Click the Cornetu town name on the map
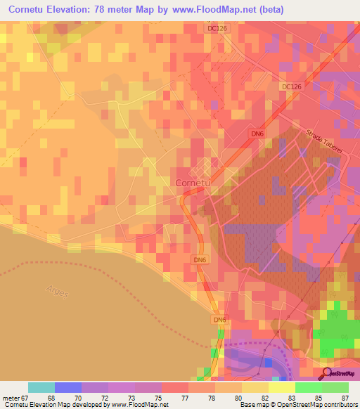191,183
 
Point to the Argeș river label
57,290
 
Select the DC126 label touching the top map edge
218,28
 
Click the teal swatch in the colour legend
41,387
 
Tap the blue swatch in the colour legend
68,387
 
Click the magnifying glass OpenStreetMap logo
327,373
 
